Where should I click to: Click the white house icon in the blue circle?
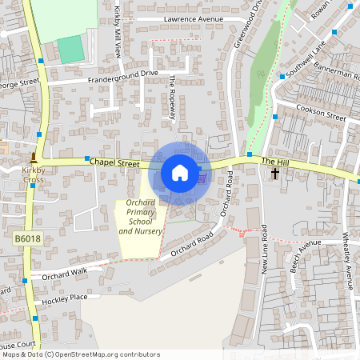(x=180, y=173)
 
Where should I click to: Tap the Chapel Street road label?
(x=114, y=162)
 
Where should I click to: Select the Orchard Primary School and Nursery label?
(x=141, y=217)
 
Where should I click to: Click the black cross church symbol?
(x=275, y=173)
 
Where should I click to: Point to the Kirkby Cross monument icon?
(x=33, y=158)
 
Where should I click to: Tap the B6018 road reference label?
(x=26, y=238)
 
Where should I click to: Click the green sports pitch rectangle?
(x=71, y=49)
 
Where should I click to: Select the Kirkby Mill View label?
(x=117, y=30)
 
